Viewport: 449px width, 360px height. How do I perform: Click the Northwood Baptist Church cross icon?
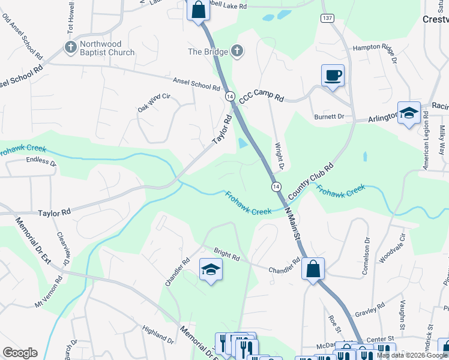[70, 47]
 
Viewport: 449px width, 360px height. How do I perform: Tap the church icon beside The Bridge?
[237, 52]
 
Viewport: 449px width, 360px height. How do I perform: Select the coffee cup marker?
[333, 76]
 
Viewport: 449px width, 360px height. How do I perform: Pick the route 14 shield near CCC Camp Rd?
[230, 96]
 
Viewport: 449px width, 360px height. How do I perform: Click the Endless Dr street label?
[41, 161]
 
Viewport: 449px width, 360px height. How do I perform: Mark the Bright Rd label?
[227, 254]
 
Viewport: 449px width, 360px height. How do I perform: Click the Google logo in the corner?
[20, 353]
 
